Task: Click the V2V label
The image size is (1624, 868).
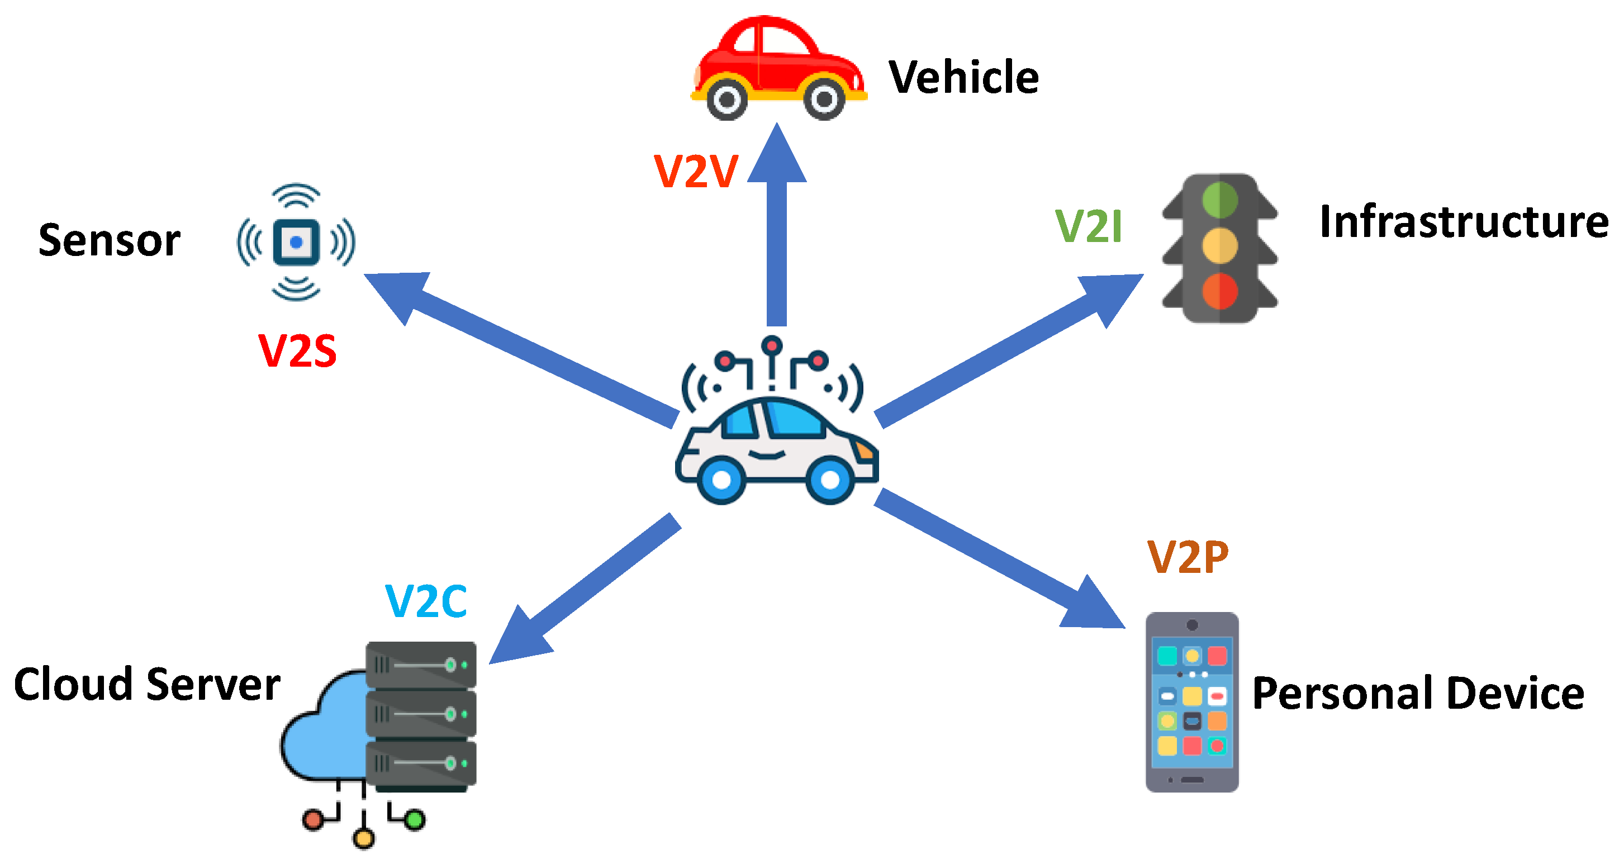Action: click(x=695, y=172)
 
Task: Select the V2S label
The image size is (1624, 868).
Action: click(x=297, y=350)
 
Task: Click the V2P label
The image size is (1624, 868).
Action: click(x=1188, y=557)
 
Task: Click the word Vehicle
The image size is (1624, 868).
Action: click(x=963, y=78)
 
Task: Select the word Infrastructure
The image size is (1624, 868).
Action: click(x=1463, y=222)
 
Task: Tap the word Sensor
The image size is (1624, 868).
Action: click(x=109, y=240)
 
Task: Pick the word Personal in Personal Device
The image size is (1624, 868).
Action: click(x=1342, y=692)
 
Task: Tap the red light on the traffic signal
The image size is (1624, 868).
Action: click(x=1220, y=291)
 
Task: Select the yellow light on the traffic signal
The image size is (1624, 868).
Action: click(x=1220, y=245)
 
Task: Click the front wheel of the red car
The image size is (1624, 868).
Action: click(x=824, y=99)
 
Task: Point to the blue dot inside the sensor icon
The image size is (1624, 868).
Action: click(x=296, y=241)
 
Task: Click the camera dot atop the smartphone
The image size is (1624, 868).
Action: click(x=1191, y=625)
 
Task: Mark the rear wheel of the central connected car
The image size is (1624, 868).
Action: click(x=721, y=480)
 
